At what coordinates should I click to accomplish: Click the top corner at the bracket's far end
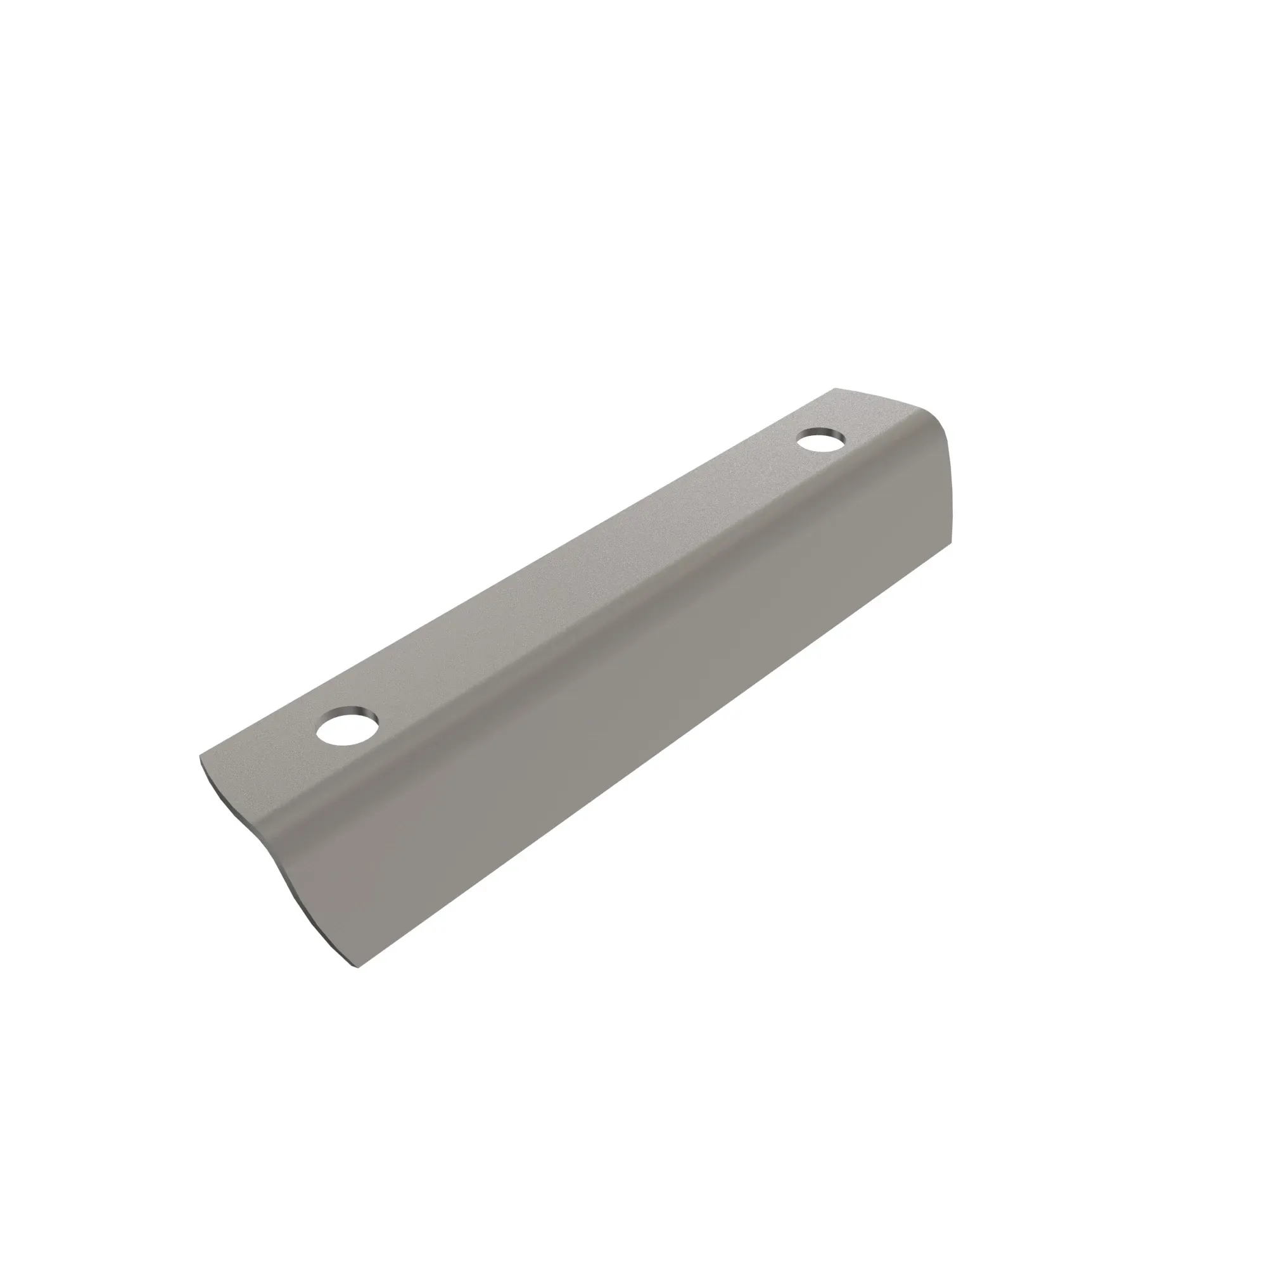pyautogui.click(x=835, y=389)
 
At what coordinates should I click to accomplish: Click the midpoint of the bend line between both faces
pyautogui.click(x=590, y=623)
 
